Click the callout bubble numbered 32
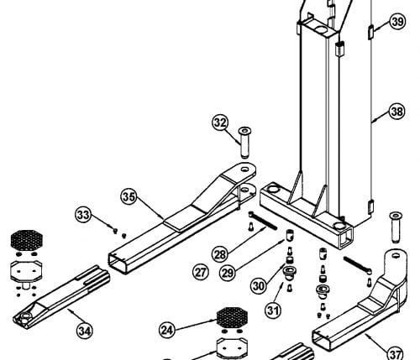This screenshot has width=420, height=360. [220, 123]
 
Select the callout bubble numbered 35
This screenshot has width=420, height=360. [129, 197]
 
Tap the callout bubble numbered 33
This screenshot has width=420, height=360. [83, 215]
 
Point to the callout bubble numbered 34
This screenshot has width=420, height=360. [85, 331]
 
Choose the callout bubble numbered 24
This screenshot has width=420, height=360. [167, 330]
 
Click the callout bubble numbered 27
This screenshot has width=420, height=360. [201, 272]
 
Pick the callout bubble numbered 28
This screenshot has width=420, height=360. [220, 255]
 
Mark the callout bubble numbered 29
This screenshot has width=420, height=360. [228, 273]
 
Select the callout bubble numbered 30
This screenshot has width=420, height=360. [259, 286]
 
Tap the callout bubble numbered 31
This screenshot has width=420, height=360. [273, 310]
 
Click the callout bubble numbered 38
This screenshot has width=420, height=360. [397, 112]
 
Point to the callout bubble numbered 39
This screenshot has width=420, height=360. [397, 21]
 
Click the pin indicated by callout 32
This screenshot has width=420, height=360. [244, 143]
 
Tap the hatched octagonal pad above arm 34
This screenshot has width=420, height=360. [27, 240]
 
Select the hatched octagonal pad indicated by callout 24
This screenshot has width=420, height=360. [233, 317]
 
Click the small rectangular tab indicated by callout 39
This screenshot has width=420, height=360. [370, 31]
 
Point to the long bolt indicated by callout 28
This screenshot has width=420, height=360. [263, 221]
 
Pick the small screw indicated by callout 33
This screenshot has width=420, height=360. [115, 231]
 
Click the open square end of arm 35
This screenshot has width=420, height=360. [118, 263]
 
